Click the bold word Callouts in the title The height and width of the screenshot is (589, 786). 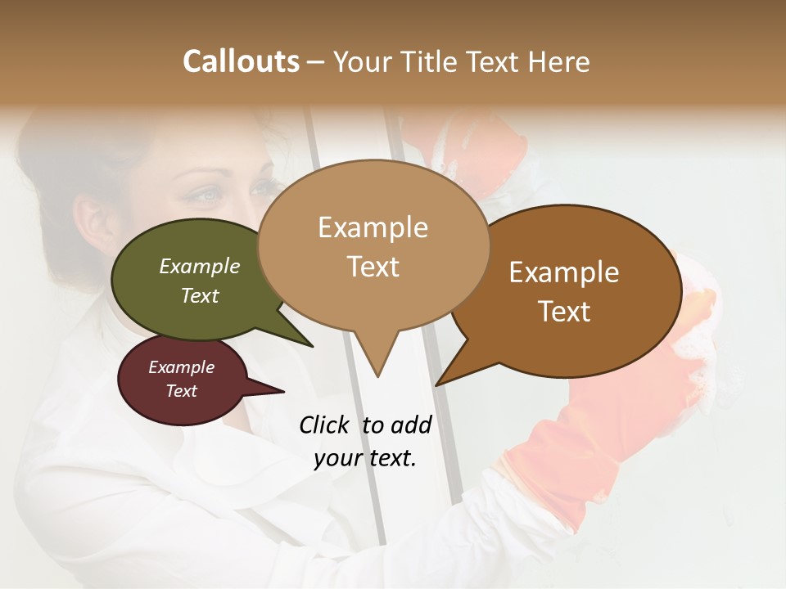(242, 61)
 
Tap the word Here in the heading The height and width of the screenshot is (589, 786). (561, 61)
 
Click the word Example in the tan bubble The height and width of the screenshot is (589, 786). (373, 227)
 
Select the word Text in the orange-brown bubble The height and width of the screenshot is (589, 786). (565, 312)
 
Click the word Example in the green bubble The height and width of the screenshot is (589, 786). (200, 267)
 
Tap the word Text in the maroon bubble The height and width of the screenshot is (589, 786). (182, 391)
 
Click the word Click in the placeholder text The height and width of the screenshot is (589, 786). (325, 425)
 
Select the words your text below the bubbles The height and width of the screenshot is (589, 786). (365, 458)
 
